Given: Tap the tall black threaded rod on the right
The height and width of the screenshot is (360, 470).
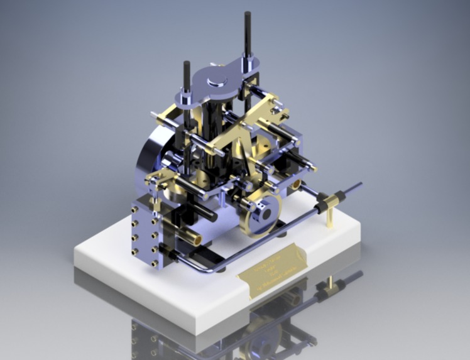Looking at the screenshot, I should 248,35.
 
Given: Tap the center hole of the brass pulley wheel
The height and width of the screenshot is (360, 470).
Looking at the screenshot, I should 266,214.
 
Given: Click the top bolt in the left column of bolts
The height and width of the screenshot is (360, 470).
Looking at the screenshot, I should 134,209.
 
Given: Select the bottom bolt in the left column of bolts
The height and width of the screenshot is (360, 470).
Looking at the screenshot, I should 134,251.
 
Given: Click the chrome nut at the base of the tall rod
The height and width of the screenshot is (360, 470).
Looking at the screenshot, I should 249,63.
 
